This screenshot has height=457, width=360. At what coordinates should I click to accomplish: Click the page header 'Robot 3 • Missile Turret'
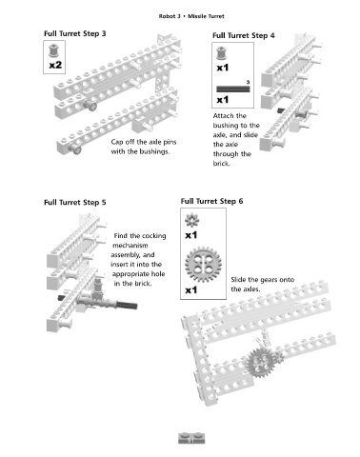coord(191,16)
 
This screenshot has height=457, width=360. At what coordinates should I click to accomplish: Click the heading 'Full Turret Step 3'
coord(75,33)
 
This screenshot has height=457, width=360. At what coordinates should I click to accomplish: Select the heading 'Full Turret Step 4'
coord(244,35)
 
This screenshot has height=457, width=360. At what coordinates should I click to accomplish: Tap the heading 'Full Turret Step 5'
coord(75,203)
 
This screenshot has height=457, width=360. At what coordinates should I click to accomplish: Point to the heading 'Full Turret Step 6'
coord(211,201)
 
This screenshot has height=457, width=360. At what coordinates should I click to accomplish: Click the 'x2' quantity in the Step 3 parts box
coord(55,65)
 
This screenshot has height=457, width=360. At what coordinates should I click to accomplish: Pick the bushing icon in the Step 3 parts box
coord(53,50)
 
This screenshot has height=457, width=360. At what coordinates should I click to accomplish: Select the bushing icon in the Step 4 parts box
coord(221,53)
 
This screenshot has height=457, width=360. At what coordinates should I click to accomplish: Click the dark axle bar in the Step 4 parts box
coord(233,89)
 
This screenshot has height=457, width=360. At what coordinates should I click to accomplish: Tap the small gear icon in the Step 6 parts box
coord(192,220)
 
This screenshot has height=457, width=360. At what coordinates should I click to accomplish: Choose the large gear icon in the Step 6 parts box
coord(203,265)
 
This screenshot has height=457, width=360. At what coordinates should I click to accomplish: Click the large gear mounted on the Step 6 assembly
coord(261,362)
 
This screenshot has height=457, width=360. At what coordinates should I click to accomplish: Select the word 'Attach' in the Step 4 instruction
coord(223,116)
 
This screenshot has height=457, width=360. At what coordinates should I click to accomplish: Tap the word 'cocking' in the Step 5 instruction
coord(153,236)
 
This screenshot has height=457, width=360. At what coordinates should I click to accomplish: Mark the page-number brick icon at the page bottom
coord(191,438)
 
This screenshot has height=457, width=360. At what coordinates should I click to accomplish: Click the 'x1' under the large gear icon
coord(191,290)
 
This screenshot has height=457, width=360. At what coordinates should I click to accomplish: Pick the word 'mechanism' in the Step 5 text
coord(130,246)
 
